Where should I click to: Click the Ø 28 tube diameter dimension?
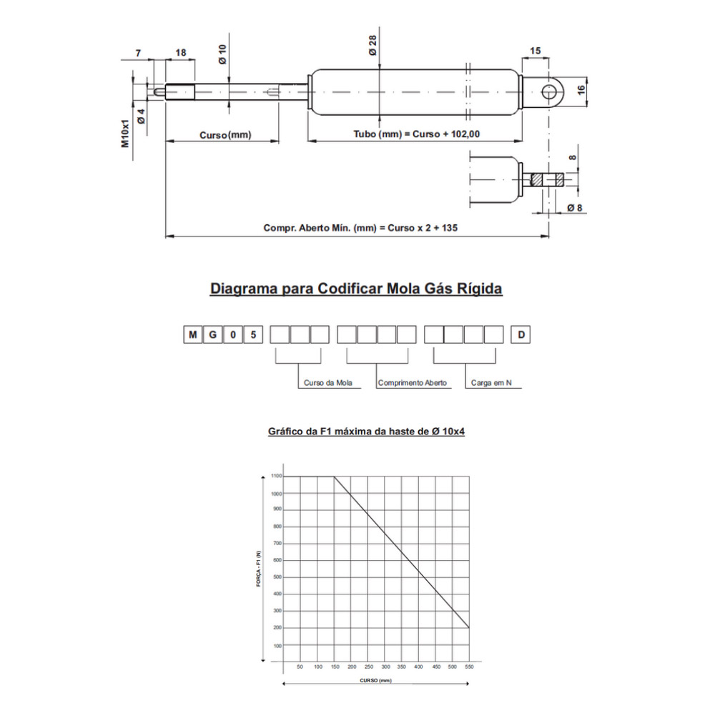(x=374, y=48)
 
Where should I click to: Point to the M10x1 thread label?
(x=124, y=133)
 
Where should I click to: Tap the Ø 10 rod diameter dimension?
(x=223, y=54)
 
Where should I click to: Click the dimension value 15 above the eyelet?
(x=536, y=50)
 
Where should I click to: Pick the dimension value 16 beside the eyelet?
(x=581, y=89)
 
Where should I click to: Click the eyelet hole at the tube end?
(x=549, y=91)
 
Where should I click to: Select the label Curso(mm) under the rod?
(x=225, y=134)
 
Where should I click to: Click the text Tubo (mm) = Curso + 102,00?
(x=418, y=134)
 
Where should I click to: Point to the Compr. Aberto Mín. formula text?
(x=360, y=228)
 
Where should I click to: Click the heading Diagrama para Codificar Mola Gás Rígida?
(x=356, y=289)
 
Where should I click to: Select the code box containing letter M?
(x=192, y=334)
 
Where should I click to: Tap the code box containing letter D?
(x=520, y=334)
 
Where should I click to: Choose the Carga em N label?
(x=491, y=383)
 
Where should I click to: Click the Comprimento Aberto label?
(x=412, y=383)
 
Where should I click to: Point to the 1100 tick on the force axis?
(x=276, y=476)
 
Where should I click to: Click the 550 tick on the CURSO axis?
(x=468, y=667)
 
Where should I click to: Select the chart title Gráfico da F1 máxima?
(x=366, y=432)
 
